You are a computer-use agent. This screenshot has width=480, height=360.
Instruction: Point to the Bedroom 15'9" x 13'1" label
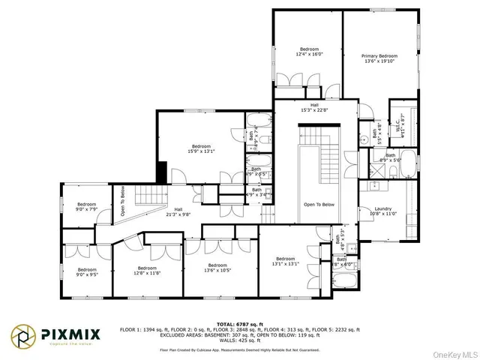(201, 146)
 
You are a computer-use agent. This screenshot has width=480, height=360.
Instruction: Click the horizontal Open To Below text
(318, 204)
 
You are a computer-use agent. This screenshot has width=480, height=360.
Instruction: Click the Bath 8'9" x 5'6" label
(394, 157)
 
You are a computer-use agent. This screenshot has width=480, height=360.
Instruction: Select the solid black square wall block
(160, 172)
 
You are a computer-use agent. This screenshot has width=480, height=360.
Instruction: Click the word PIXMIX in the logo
(71, 333)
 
